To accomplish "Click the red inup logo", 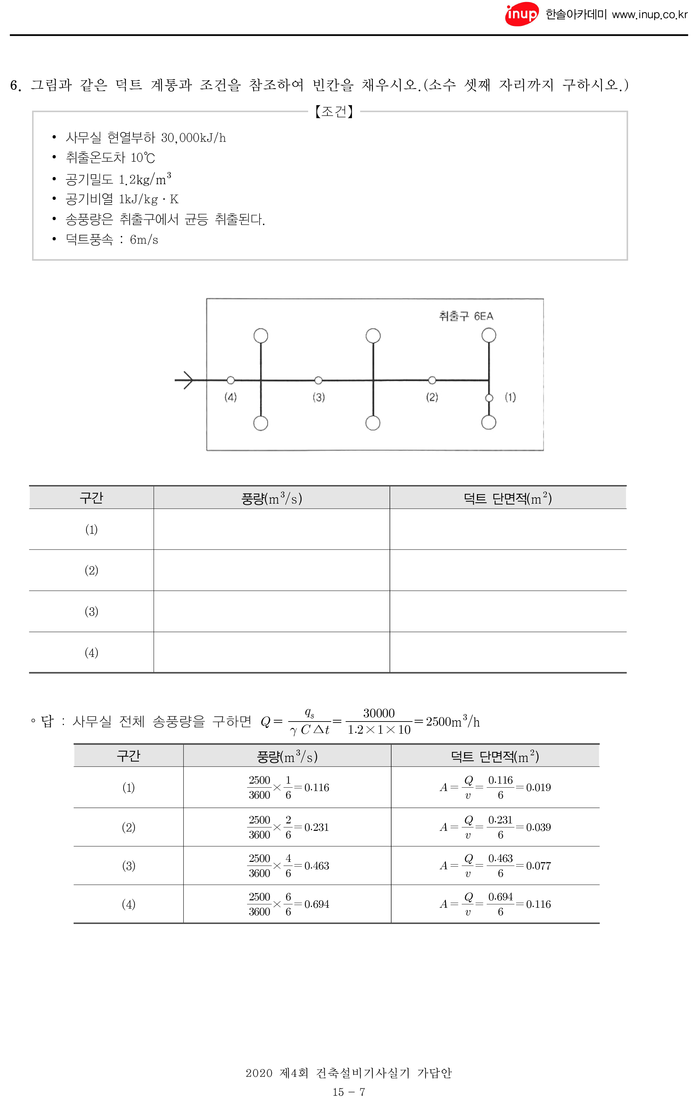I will pos(521,14).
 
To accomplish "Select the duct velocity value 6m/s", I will pos(144,239).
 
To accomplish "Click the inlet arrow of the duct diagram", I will pos(185,380).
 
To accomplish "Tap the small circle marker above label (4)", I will pos(231,380).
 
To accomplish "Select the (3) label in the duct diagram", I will pos(319,397).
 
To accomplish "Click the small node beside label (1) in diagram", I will pos(489,398).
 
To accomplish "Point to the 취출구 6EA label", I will pos(466,316).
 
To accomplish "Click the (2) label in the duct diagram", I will pos(432,397).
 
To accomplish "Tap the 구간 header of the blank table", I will pos(91,498).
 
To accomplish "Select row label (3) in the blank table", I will pos(91,611).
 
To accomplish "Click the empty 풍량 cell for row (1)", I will pos(271,530).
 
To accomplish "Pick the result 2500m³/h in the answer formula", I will pos(453,722).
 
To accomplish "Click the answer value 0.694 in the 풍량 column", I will pos(317,904).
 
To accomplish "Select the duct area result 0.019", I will pos(538,788).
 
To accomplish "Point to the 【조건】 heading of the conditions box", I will pos(334,111).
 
